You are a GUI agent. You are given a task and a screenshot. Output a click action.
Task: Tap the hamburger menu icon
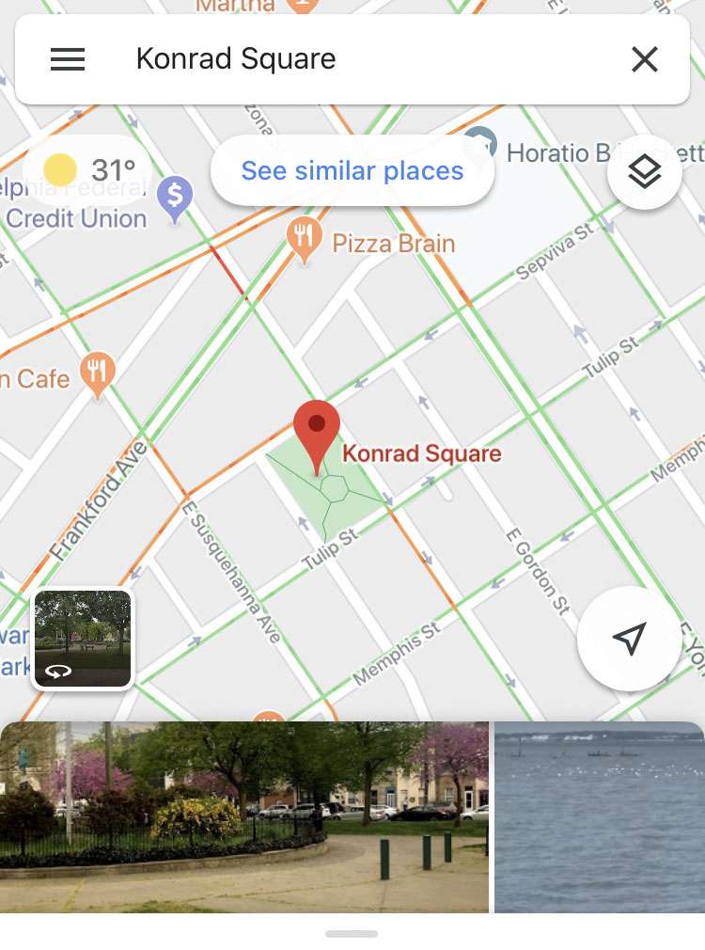(x=68, y=59)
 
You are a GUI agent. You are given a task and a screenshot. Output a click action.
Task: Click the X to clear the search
(x=644, y=59)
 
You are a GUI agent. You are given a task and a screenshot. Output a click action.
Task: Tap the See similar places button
(x=352, y=170)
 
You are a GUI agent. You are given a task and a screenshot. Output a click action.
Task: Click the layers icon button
(x=644, y=172)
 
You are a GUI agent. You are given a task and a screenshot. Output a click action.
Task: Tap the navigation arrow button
(x=629, y=639)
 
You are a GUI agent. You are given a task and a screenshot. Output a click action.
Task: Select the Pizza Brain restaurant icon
(x=303, y=240)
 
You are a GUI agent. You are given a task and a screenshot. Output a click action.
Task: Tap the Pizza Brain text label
(x=393, y=244)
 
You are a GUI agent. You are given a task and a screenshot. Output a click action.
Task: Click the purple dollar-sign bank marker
(x=175, y=198)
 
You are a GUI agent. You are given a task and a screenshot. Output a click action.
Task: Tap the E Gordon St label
(x=538, y=570)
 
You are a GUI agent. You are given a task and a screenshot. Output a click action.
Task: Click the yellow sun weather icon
(x=60, y=170)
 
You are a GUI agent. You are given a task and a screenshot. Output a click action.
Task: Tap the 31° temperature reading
(x=114, y=170)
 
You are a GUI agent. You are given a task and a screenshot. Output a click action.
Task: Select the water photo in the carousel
(x=599, y=816)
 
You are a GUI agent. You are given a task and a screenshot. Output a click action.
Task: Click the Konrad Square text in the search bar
(x=236, y=59)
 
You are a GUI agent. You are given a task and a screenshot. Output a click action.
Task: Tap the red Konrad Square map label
(x=422, y=453)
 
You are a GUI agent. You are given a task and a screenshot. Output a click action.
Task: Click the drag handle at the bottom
(x=352, y=934)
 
